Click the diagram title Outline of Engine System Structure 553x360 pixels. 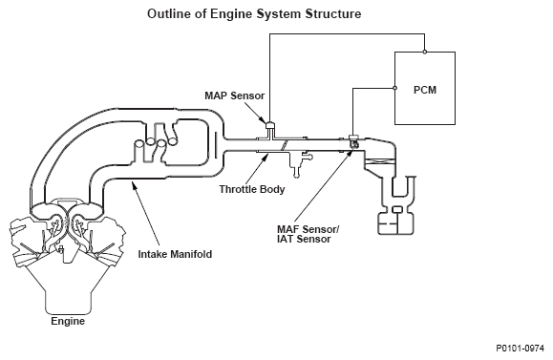pos(254,14)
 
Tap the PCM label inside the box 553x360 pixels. pos(425,90)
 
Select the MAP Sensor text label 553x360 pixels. pos(235,95)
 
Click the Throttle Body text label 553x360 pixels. pos(252,189)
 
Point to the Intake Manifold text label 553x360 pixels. pos(175,254)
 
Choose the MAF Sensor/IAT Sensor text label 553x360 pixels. pos(308,234)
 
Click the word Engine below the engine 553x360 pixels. pos(68,321)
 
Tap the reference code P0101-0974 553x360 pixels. pos(521,349)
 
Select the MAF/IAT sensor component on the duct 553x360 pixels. pos(353,141)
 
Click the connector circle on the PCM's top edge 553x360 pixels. pos(425,52)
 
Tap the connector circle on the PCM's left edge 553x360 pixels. pos(394,88)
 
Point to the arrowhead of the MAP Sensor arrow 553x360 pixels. pos(264,121)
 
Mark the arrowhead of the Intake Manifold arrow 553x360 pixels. pos(133,183)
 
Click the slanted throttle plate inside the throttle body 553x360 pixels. pos(285,145)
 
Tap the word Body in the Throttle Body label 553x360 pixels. pos(272,189)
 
